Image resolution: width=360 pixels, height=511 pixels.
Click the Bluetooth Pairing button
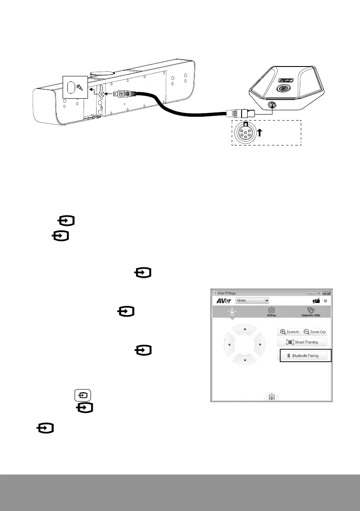coord(306,356)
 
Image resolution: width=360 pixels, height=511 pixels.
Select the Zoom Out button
coord(315,332)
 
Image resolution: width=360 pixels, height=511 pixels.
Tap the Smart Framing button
coord(303,342)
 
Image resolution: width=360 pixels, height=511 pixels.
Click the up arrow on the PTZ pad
coord(245,329)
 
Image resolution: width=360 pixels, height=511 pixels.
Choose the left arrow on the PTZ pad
coord(230,345)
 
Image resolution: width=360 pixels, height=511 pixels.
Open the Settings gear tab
coord(271,311)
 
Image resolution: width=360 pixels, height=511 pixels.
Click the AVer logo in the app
coord(224,301)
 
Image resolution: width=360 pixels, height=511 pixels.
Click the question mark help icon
coord(326,301)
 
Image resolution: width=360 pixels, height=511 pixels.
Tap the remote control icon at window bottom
coord(272,398)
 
